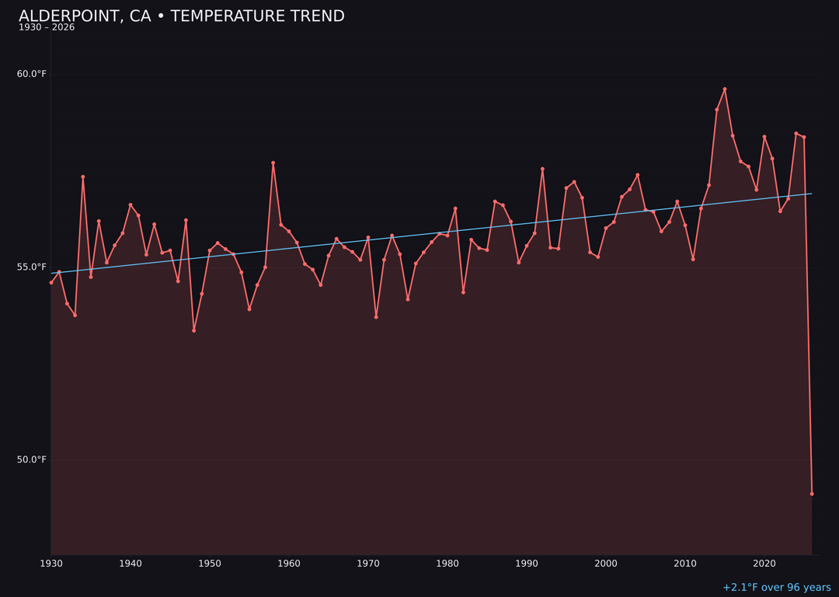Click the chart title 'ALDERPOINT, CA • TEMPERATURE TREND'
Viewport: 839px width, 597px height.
tap(182, 16)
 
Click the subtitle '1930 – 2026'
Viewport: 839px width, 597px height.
tap(47, 27)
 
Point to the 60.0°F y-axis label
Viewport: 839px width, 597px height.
tap(32, 74)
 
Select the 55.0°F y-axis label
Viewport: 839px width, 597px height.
tap(32, 267)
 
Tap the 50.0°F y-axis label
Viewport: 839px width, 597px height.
tap(32, 459)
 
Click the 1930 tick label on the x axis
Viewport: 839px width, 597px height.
tap(51, 563)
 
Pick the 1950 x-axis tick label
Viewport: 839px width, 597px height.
tap(210, 563)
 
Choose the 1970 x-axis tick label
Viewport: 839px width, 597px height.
tap(368, 563)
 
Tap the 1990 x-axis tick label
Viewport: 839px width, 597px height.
tap(527, 563)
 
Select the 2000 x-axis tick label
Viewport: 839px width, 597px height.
tap(606, 563)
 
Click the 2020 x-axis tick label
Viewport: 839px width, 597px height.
tap(764, 563)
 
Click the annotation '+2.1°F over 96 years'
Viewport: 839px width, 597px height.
tap(776, 588)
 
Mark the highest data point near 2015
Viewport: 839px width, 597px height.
tap(725, 89)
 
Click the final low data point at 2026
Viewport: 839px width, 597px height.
tap(812, 494)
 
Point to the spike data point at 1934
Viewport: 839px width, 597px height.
tap(83, 176)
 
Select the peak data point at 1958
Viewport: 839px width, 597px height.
tap(273, 162)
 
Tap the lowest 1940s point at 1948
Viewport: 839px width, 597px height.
tap(193, 330)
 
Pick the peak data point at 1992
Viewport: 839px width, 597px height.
tap(542, 169)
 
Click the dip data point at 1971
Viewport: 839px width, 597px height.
tap(376, 317)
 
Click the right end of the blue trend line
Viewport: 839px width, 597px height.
tap(811, 194)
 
